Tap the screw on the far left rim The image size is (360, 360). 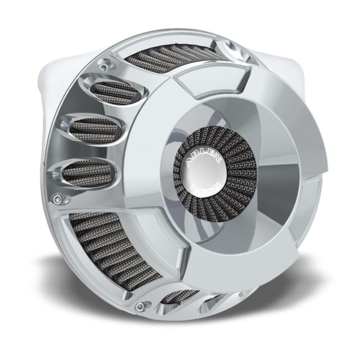[x=62, y=198]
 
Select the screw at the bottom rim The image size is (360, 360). [x=138, y=307]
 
